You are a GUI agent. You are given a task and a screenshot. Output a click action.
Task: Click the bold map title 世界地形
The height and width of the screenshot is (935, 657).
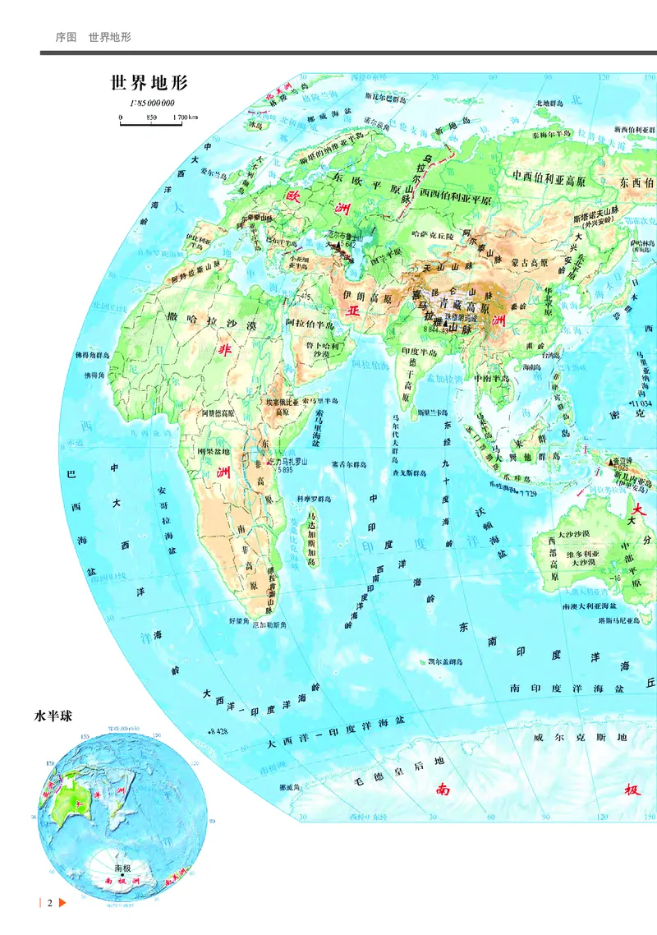pos(149,84)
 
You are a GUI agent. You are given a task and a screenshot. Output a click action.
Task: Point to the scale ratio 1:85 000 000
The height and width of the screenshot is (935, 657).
pos(152,104)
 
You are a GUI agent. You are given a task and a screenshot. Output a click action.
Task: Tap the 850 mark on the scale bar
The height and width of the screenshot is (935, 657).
pos(151,117)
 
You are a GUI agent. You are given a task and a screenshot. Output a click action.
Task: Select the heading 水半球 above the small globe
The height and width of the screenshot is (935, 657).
pos(53,716)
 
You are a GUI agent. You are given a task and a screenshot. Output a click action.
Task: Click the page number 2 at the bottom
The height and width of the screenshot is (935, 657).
pos(49,904)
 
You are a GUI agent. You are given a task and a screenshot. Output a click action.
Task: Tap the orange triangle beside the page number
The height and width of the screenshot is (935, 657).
pos(62,904)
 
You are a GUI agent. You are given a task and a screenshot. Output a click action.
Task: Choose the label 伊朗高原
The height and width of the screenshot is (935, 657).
pos(365,294)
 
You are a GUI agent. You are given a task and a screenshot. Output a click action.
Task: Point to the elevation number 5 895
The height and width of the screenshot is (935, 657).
pos(285,469)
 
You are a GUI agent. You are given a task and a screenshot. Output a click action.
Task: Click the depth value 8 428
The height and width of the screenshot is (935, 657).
pos(218,731)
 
